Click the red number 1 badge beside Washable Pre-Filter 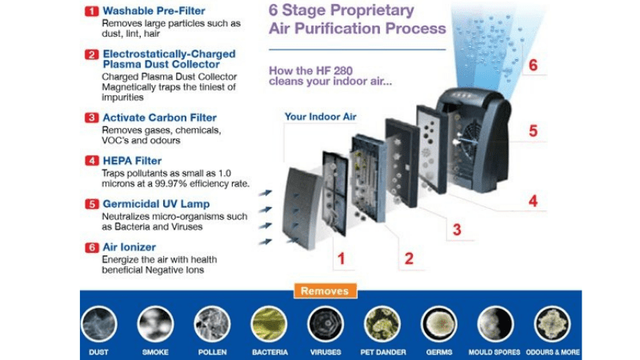pos(91,11)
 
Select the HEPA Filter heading pos(132,161)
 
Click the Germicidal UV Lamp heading pos(156,204)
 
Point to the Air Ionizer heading pos(129,248)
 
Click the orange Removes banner pos(325,291)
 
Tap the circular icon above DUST pos(99,324)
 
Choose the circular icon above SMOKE pos(155,324)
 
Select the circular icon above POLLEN pos(212,324)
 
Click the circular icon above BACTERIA pos(269,324)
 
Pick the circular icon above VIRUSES pos(326,324)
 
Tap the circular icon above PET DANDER pos(382,324)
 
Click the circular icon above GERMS pos(438,324)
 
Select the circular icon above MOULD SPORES pos(495,324)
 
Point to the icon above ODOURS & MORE pos(552,324)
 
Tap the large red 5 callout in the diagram pos(533,130)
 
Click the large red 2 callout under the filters pos(409,258)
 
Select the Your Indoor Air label pos(320,117)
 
